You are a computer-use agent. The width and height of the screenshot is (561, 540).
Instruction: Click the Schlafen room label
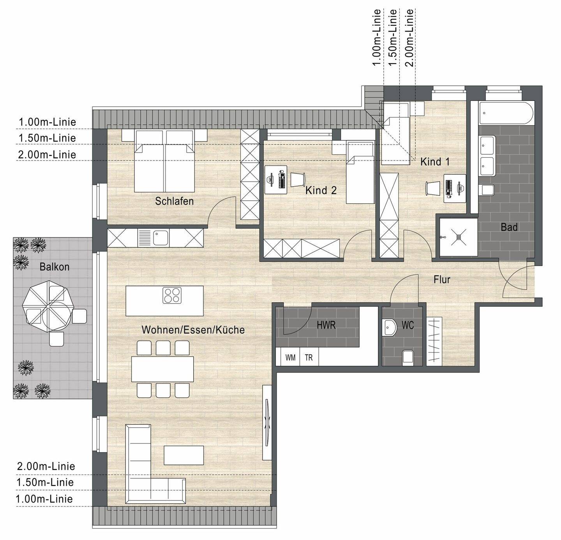(174, 201)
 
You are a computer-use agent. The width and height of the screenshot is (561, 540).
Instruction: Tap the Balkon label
(55, 267)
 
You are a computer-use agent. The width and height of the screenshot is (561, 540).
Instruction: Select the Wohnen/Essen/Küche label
(193, 330)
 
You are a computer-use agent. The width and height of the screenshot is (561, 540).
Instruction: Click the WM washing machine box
(290, 358)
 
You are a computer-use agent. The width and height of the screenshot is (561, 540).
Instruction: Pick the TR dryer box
(309, 358)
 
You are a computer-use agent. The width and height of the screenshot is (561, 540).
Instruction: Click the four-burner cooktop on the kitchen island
(172, 295)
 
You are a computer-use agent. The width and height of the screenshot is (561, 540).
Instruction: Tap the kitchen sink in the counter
(160, 237)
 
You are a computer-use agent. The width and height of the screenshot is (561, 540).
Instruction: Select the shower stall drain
(459, 237)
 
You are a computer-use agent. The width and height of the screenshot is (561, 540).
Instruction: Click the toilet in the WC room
(408, 356)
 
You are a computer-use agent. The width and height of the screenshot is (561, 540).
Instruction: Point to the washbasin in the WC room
(389, 326)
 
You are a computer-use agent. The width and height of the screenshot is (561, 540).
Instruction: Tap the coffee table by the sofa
(183, 455)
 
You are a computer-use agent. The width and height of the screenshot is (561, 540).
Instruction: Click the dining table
(162, 369)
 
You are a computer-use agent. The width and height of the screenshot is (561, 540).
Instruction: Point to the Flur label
(442, 279)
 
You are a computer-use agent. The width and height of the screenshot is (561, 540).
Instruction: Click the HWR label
(326, 325)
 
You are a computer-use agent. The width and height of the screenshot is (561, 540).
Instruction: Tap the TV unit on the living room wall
(267, 423)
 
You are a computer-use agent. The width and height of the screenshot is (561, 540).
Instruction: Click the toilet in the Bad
(487, 190)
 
